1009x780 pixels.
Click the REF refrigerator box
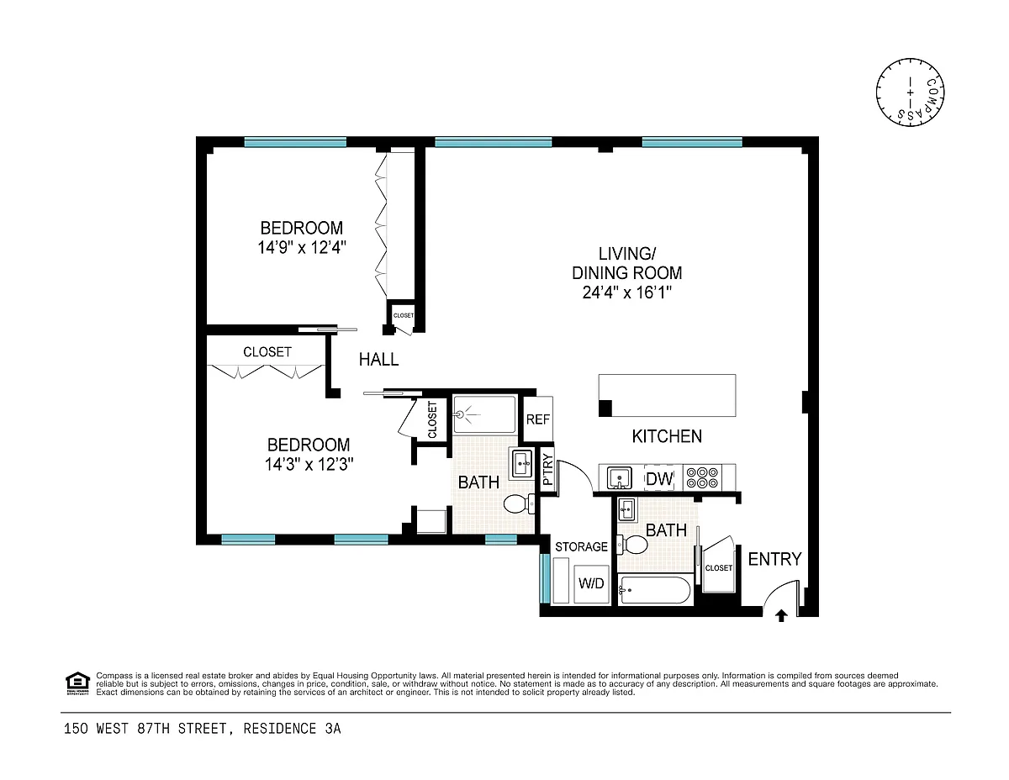pyautogui.click(x=537, y=419)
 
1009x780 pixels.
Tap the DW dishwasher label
pyautogui.click(x=659, y=478)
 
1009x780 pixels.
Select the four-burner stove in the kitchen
pyautogui.click(x=701, y=477)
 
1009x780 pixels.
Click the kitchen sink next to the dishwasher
pyautogui.click(x=619, y=478)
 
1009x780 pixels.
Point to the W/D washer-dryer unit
pyautogui.click(x=591, y=583)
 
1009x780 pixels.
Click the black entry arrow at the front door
pyautogui.click(x=781, y=616)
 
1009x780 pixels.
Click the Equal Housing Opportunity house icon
pyautogui.click(x=77, y=682)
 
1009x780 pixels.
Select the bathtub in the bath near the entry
pyautogui.click(x=654, y=589)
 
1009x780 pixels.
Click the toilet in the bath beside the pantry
pyautogui.click(x=519, y=503)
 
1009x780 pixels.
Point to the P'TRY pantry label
pyautogui.click(x=548, y=470)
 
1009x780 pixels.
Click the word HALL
pyautogui.click(x=378, y=359)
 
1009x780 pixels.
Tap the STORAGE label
pyautogui.click(x=581, y=546)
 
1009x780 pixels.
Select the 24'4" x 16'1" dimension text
pyautogui.click(x=627, y=292)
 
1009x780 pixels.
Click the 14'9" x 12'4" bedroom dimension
pyautogui.click(x=302, y=247)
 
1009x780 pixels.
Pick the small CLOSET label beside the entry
pyautogui.click(x=718, y=568)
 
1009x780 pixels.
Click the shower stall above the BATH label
pyautogui.click(x=484, y=414)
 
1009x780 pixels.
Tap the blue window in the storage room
pyautogui.click(x=545, y=578)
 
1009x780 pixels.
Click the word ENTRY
pyautogui.click(x=774, y=559)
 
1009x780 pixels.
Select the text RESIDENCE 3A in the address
pyautogui.click(x=292, y=729)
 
